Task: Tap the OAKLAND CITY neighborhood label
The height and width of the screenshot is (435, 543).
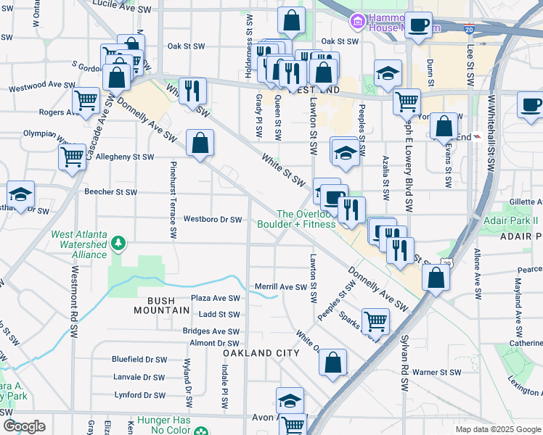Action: (x=261, y=352)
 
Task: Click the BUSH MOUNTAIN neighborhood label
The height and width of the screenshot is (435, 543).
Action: (x=161, y=304)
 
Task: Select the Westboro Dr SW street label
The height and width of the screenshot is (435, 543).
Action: (x=212, y=219)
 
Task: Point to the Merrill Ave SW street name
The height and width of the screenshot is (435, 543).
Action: (x=281, y=287)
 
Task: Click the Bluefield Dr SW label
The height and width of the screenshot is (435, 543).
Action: (x=139, y=359)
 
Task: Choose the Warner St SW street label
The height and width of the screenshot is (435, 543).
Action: (x=437, y=373)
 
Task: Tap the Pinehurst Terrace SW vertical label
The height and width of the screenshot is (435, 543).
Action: (x=173, y=200)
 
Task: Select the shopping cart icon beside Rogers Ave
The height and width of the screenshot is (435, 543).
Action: (x=86, y=100)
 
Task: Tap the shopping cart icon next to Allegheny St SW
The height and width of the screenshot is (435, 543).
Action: (x=73, y=155)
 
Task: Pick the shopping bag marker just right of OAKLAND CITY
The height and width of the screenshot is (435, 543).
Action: (x=332, y=362)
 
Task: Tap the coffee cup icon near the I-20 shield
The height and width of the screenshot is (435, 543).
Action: (x=418, y=25)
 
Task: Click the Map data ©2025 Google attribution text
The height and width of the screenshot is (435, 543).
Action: (x=497, y=429)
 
